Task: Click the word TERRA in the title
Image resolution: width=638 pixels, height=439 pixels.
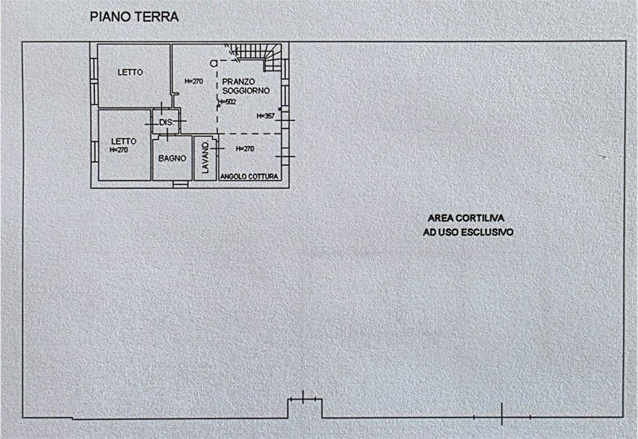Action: click(156, 17)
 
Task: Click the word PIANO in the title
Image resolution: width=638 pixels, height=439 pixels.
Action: click(111, 17)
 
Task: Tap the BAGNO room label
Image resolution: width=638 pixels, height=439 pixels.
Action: click(172, 158)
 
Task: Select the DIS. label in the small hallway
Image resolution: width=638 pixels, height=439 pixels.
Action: click(166, 122)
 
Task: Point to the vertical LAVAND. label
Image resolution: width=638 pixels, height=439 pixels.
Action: click(205, 158)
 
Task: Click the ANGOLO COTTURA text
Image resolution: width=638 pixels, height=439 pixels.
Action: click(249, 176)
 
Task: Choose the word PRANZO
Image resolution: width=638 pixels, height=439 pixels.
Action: click(238, 82)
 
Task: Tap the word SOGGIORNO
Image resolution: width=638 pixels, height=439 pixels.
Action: click(246, 91)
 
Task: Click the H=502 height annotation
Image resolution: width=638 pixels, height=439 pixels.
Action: click(227, 102)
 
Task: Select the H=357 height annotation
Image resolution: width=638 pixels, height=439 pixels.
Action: click(266, 116)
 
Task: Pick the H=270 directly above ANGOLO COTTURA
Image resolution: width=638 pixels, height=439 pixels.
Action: click(245, 149)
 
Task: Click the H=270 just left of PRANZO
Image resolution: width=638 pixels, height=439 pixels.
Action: click(194, 81)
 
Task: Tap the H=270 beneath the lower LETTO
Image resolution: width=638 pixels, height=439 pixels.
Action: click(119, 150)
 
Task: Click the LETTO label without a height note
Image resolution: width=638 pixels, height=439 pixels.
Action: click(130, 72)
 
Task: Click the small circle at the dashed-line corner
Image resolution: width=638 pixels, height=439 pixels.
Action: click(214, 63)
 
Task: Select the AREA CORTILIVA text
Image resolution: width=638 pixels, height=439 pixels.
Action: click(466, 218)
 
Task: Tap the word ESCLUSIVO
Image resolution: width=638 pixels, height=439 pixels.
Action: click(487, 232)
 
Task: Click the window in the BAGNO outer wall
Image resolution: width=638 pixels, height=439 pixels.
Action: click(180, 184)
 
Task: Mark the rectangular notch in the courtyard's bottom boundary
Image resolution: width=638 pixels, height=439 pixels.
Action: click(305, 408)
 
